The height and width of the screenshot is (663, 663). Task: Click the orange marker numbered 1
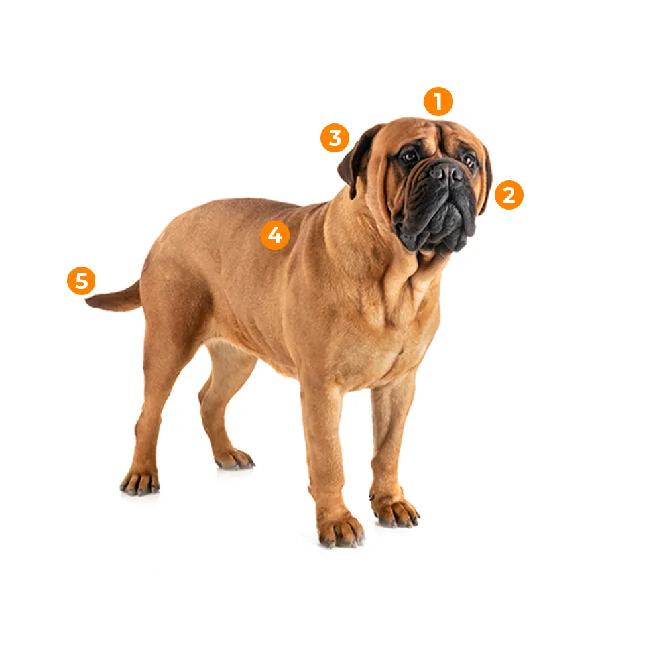[x=438, y=101]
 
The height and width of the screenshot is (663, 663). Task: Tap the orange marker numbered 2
[x=509, y=195]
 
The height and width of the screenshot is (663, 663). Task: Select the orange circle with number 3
[x=334, y=138]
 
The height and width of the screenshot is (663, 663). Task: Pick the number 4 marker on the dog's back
[x=275, y=235]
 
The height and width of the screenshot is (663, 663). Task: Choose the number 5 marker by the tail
[x=81, y=280]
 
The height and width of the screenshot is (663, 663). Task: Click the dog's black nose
[x=446, y=172]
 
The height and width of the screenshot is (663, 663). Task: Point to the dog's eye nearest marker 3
[x=409, y=157]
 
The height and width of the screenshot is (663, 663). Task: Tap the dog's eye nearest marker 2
[x=469, y=160]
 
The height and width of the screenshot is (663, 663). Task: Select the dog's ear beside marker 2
[x=485, y=180]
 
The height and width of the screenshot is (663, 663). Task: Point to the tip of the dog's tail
[x=87, y=301]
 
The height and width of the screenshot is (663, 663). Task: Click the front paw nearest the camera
[x=341, y=531]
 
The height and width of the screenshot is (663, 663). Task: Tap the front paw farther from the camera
[x=396, y=512]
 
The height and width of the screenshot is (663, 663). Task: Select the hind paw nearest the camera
[x=139, y=483]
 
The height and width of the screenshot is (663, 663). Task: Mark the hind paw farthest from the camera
[x=234, y=459]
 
